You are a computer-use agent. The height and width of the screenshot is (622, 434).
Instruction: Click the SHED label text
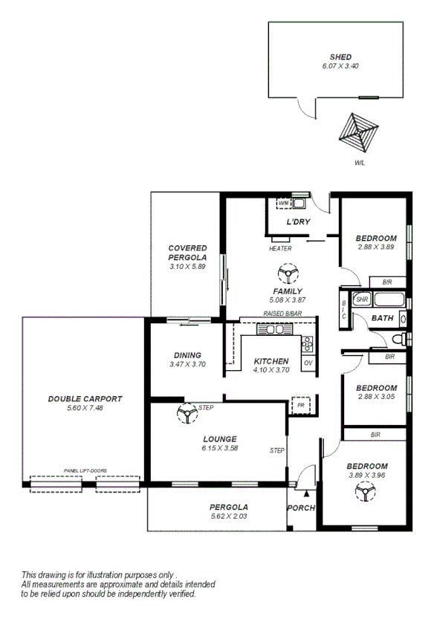click(341, 56)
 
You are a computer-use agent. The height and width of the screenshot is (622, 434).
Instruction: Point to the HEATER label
click(280, 249)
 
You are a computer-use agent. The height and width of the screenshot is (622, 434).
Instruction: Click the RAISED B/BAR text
click(282, 314)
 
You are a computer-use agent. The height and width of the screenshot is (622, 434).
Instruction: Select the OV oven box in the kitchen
click(308, 363)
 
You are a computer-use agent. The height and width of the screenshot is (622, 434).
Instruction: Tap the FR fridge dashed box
click(300, 406)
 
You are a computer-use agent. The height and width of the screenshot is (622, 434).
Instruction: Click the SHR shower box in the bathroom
click(362, 299)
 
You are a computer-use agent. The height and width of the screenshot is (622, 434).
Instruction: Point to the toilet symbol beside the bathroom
click(399, 340)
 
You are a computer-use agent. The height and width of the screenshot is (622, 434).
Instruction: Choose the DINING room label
click(187, 355)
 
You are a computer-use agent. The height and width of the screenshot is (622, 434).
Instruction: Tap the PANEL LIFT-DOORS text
click(85, 470)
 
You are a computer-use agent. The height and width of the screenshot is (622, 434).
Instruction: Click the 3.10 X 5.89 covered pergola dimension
click(187, 266)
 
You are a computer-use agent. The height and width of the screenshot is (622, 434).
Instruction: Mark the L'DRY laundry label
click(298, 222)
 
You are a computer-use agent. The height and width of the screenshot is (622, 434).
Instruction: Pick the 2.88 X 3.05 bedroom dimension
click(376, 398)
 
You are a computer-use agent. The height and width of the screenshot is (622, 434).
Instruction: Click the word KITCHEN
click(271, 360)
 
